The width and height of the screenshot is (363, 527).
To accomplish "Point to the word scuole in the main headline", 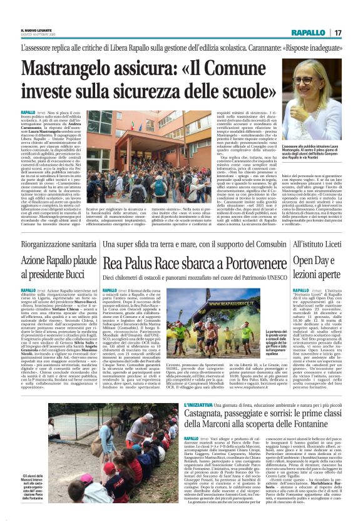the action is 251,96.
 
